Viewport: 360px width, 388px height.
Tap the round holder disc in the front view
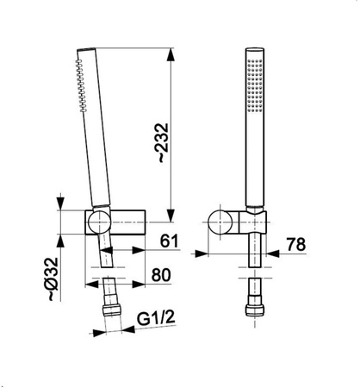pyautogui.click(x=227, y=221)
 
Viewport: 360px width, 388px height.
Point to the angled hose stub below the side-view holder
pyautogui.click(x=106, y=256)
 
